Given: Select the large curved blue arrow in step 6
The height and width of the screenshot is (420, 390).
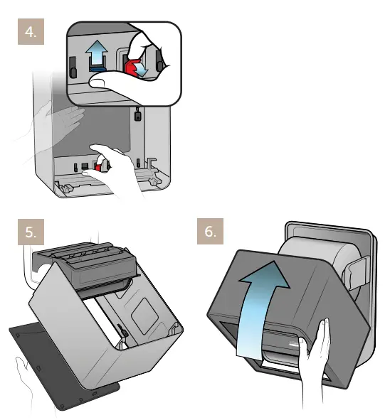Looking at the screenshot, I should point(264,298).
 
